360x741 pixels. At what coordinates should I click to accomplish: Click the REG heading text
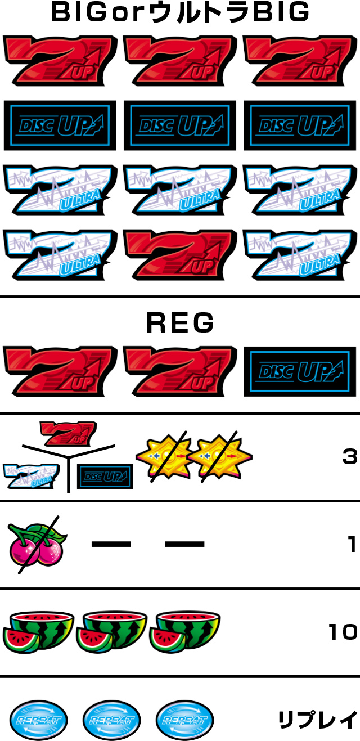point(180,323)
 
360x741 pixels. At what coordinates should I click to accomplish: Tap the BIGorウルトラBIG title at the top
point(180,12)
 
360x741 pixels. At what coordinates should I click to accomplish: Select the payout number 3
point(350,457)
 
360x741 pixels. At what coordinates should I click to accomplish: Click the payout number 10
point(343,632)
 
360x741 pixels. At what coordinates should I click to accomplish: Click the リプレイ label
point(318,719)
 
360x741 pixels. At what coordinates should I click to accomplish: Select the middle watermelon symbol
point(112,632)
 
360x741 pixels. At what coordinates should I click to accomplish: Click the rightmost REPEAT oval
point(185,720)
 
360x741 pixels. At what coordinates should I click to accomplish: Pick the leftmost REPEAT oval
point(38,720)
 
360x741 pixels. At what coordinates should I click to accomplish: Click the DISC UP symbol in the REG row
point(300,371)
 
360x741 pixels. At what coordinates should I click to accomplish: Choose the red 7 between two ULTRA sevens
point(180,255)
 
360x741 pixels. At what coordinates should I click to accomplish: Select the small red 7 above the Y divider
point(69,433)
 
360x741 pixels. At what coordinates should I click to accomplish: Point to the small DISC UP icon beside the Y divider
point(105,477)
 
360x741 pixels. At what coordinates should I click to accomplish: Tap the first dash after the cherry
point(111,544)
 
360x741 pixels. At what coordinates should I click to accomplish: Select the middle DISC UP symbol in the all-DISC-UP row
point(180,125)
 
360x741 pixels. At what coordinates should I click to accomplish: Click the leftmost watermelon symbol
point(38,632)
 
